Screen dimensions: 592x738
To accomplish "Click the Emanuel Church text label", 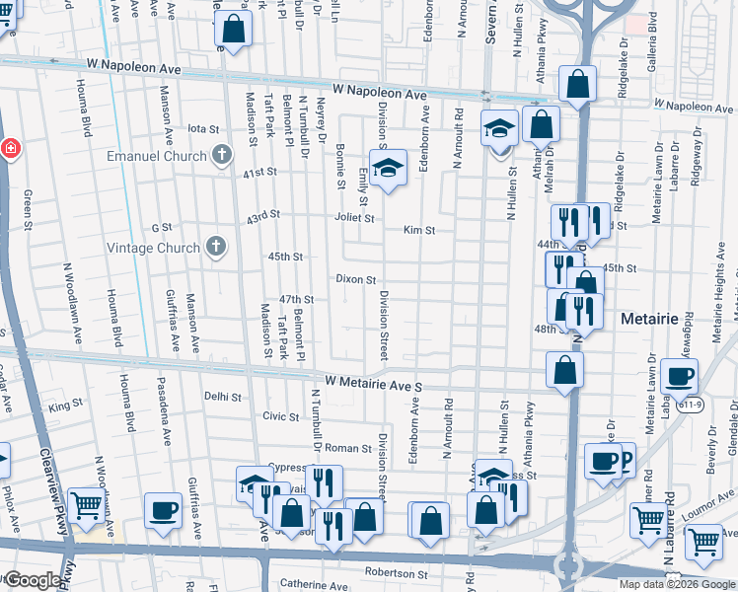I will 157,156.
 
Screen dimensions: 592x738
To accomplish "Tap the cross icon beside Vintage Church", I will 217,248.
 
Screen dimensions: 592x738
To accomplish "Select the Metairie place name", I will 653,320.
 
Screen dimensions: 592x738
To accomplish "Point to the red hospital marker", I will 9,149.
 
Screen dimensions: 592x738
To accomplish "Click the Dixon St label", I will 356,280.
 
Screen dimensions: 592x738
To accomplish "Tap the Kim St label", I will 419,230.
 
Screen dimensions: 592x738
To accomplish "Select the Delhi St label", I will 222,397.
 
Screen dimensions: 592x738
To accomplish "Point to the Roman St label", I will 347,448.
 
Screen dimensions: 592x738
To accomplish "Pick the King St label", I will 65,406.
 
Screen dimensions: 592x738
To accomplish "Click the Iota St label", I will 202,129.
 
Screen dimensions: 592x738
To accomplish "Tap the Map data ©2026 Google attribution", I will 676,584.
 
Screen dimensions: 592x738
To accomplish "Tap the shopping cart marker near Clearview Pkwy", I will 87,506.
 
